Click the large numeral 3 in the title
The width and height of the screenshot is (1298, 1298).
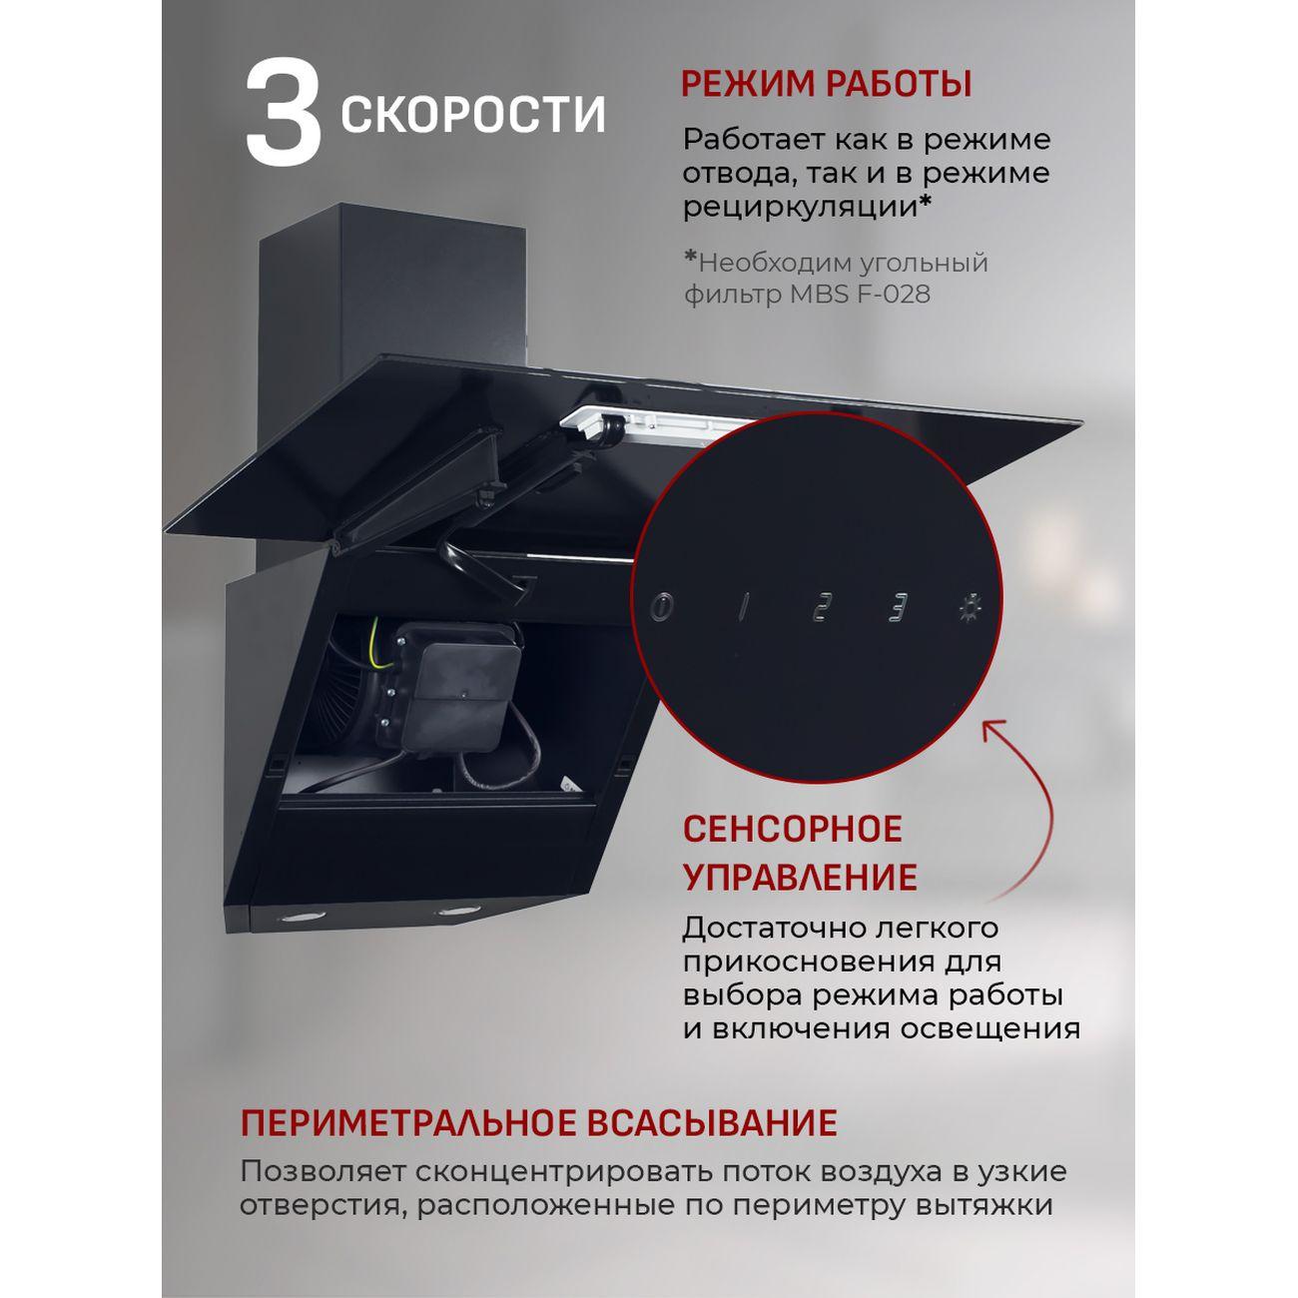[x=284, y=112]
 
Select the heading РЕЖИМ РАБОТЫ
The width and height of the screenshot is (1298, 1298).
[x=826, y=85]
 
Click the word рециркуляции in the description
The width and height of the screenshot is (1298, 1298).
[x=800, y=207]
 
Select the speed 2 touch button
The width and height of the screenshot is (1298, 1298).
[x=820, y=608]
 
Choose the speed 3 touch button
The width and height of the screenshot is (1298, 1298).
[x=898, y=608]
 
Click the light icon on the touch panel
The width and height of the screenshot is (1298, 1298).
[x=967, y=608]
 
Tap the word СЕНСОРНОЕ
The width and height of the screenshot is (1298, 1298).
[x=792, y=830]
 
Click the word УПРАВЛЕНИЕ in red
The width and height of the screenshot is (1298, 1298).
[x=799, y=878]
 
